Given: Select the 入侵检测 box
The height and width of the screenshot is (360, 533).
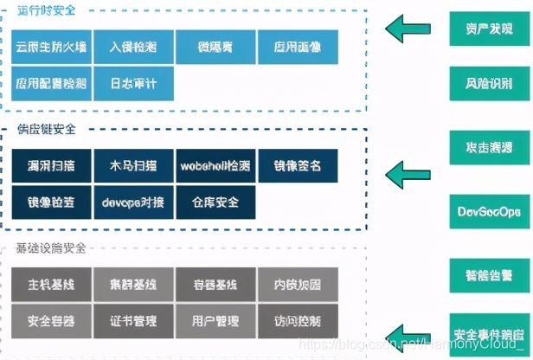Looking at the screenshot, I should pos(132,46).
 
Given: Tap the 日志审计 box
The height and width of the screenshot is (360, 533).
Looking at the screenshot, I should pos(132,84).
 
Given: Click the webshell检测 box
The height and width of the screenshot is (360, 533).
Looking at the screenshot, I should pos(215,165).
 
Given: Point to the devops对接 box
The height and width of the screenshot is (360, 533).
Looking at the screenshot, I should pos(132,202).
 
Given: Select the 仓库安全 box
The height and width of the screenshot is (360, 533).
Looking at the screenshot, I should pos(215,202).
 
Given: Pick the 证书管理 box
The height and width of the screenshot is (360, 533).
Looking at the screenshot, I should pos(132,321).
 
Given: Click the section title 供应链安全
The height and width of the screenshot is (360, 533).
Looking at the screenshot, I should pos(47,129).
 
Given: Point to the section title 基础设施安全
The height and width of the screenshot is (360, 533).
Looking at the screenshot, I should pos(51,249).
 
